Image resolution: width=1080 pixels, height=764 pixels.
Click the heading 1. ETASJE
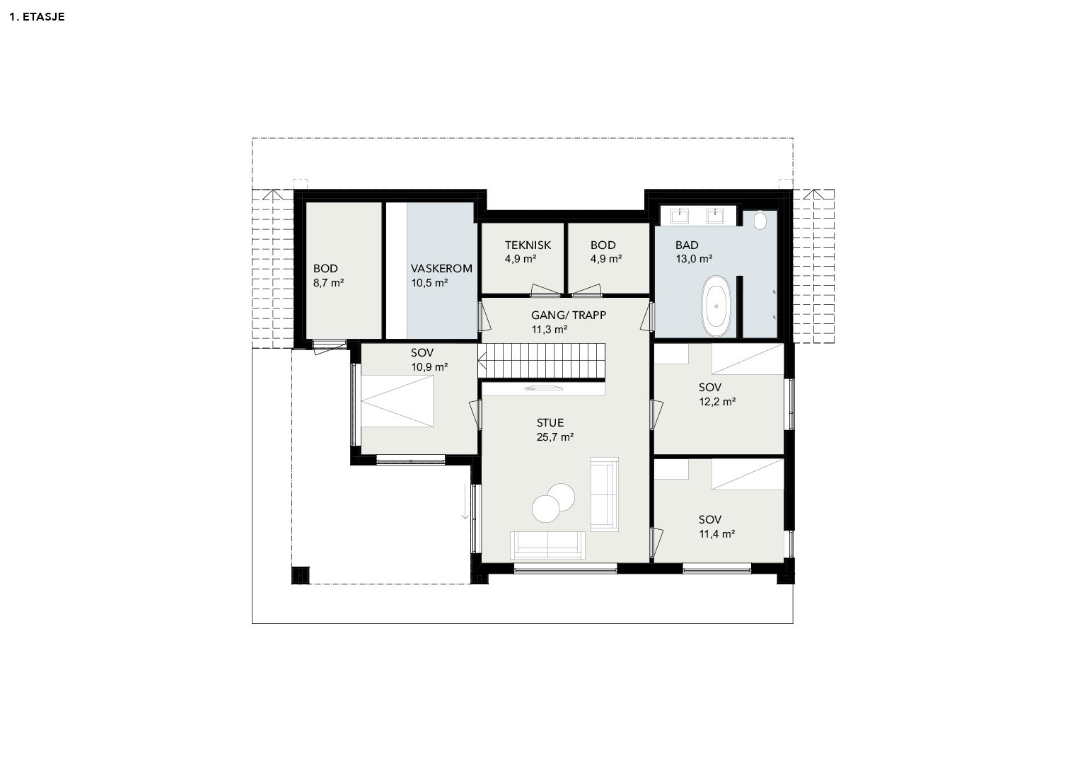[x=37, y=17]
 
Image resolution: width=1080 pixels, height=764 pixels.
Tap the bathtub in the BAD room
[x=716, y=306]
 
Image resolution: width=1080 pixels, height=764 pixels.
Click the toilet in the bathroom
[x=760, y=221]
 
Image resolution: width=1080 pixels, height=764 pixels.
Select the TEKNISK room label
[x=528, y=245]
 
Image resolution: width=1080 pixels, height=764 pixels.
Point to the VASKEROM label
[x=441, y=269]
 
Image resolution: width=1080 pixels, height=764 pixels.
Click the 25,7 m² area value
[x=555, y=437]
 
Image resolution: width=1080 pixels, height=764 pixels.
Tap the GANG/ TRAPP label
[x=569, y=316]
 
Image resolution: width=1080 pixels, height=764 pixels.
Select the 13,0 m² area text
[x=694, y=259]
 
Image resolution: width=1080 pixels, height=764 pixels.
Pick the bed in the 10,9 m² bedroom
[x=397, y=401]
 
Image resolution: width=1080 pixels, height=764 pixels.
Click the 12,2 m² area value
[x=717, y=402]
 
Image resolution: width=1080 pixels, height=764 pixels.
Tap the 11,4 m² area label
[x=717, y=534]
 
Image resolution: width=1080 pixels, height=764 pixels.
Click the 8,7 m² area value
[x=328, y=283]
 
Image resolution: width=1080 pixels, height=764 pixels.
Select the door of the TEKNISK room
[x=545, y=290]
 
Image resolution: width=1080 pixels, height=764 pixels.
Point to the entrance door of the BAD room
[x=648, y=316]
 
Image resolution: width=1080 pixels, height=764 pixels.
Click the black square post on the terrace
[x=301, y=575]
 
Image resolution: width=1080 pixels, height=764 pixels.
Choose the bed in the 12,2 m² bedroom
[x=748, y=359]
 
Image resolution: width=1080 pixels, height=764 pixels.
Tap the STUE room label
[x=550, y=423]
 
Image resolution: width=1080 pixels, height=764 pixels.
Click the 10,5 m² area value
[x=429, y=283]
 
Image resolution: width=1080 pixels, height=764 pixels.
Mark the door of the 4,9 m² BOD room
[x=586, y=290]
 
